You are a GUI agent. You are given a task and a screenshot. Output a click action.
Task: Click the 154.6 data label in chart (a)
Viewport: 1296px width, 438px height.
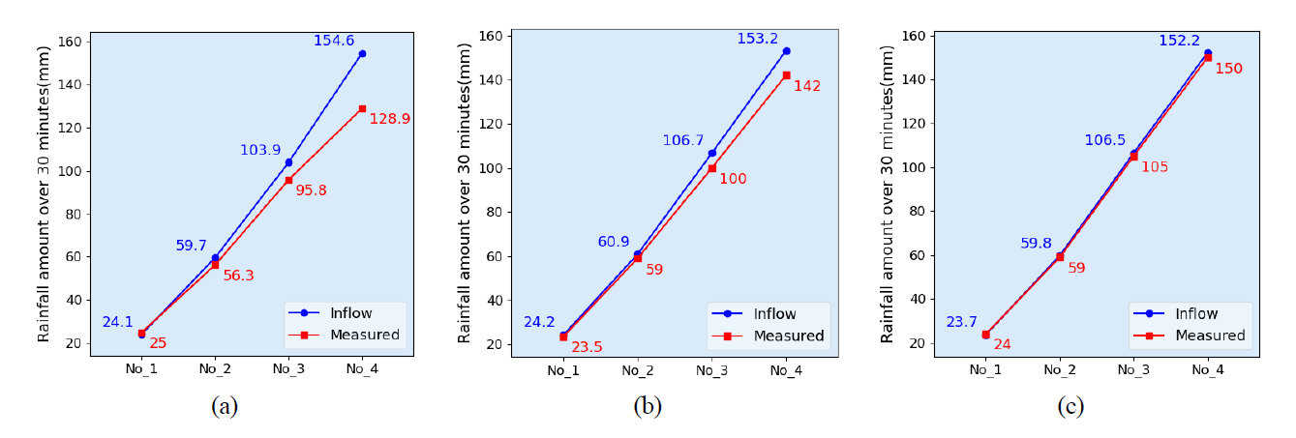(335, 41)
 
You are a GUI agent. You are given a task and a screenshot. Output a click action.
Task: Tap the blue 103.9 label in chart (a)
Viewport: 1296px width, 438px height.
(260, 150)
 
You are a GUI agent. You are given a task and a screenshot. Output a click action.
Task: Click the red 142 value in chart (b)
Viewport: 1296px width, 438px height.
(807, 86)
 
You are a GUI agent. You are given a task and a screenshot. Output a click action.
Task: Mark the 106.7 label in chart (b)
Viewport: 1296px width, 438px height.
(683, 140)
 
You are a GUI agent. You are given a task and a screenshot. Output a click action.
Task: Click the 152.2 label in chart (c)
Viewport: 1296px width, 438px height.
(1180, 41)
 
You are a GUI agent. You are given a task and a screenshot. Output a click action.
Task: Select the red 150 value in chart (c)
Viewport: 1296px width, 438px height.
(1229, 69)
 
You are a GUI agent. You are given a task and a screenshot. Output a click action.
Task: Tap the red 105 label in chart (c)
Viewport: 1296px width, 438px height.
(1155, 166)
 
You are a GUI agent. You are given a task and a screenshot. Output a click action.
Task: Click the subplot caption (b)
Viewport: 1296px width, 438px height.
(648, 407)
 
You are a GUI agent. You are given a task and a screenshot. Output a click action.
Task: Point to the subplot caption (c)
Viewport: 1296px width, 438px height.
(1070, 407)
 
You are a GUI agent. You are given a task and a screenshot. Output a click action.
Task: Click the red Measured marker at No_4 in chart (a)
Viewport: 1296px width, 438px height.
(362, 108)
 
